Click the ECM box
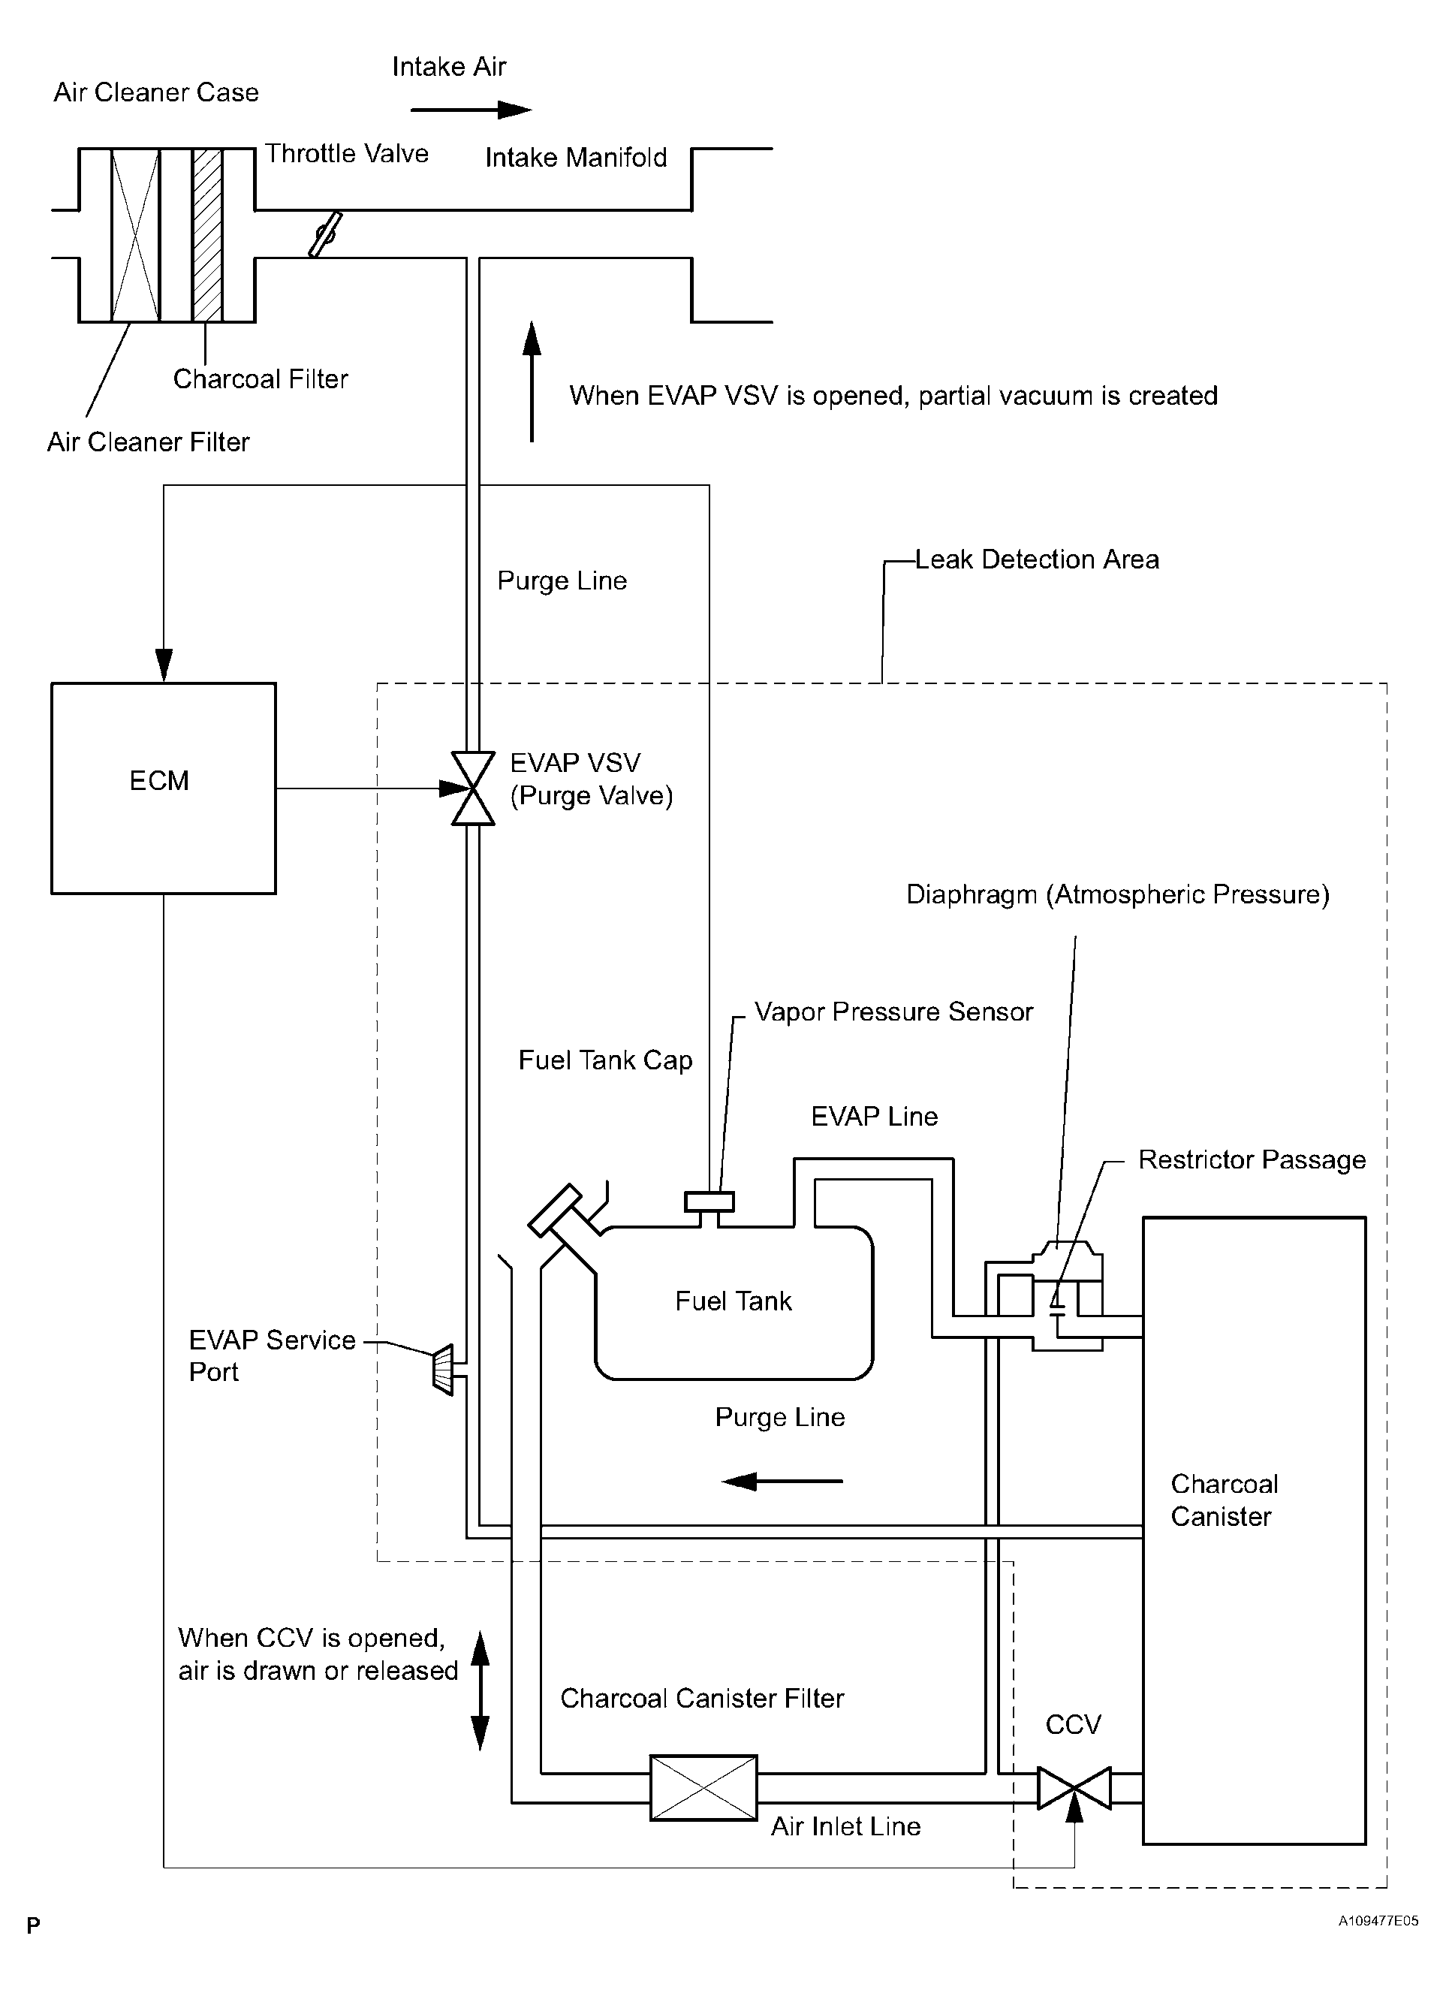pyautogui.click(x=163, y=788)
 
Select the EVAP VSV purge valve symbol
pyautogui.click(x=473, y=788)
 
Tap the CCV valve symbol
pyautogui.click(x=1074, y=1787)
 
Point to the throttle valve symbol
pyautogui.click(x=324, y=234)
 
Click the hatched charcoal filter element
pyautogui.click(x=207, y=235)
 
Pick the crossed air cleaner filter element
pyautogui.click(x=135, y=235)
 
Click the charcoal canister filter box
pyautogui.click(x=703, y=1787)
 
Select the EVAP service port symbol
pyautogui.click(x=443, y=1369)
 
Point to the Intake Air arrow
pyautogui.click(x=471, y=110)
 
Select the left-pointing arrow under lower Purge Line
pyautogui.click(x=782, y=1481)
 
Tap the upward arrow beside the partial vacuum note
pyautogui.click(x=532, y=381)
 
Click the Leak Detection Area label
pyautogui.click(x=1037, y=559)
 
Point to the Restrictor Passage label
pyautogui.click(x=1252, y=1160)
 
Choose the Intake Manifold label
pyautogui.click(x=577, y=158)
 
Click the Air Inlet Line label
pyautogui.click(x=846, y=1827)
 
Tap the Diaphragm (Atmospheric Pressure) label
pyautogui.click(x=1118, y=895)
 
